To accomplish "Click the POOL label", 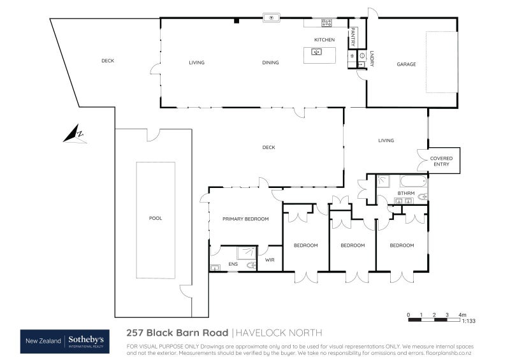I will coord(156,218).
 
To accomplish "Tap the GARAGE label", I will coord(406,64).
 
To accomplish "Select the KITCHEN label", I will coord(324,40).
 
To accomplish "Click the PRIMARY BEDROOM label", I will coord(245,219).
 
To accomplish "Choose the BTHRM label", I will coord(406,193).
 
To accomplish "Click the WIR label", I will coord(270,260).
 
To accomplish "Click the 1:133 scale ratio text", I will coord(469,321).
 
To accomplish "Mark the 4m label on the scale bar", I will coord(463,315).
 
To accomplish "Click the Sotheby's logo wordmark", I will coord(91,340).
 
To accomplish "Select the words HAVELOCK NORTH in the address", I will coord(279,333).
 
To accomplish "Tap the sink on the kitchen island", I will coord(316,52).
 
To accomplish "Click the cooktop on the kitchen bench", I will coord(326,23).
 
